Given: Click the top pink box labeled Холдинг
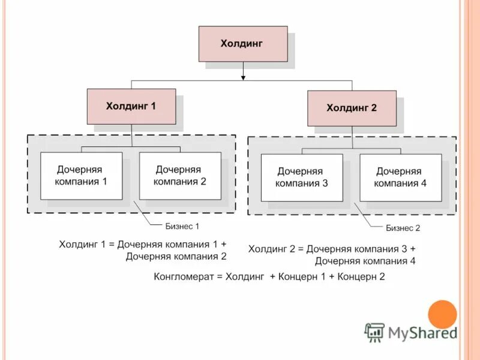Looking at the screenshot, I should coord(243,44).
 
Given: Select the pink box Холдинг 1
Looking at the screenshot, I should coord(131,106).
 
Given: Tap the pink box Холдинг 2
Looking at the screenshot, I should coord(352,108).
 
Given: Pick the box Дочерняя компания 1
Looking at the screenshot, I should coord(81,176).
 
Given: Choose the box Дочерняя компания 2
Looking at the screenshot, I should coord(180,176).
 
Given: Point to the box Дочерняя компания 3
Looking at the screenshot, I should coord(302,178).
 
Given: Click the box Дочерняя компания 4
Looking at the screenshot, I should coord(401,178).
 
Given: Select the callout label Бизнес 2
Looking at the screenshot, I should coord(403,228).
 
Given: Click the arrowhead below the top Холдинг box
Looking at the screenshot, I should coord(243,77).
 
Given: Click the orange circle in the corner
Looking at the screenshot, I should coord(443,314).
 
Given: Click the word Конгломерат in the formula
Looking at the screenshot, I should coord(183,277).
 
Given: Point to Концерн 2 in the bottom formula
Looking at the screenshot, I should coord(361,277).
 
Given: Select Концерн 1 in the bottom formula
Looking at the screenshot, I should coord(304,277).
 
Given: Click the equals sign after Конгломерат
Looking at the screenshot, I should coord(220,277).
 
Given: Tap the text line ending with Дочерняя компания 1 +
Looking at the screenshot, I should coord(143,244).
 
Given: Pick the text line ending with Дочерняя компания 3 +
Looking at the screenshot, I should coord(332,248).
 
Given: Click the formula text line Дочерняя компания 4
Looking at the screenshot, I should coord(365,261).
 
